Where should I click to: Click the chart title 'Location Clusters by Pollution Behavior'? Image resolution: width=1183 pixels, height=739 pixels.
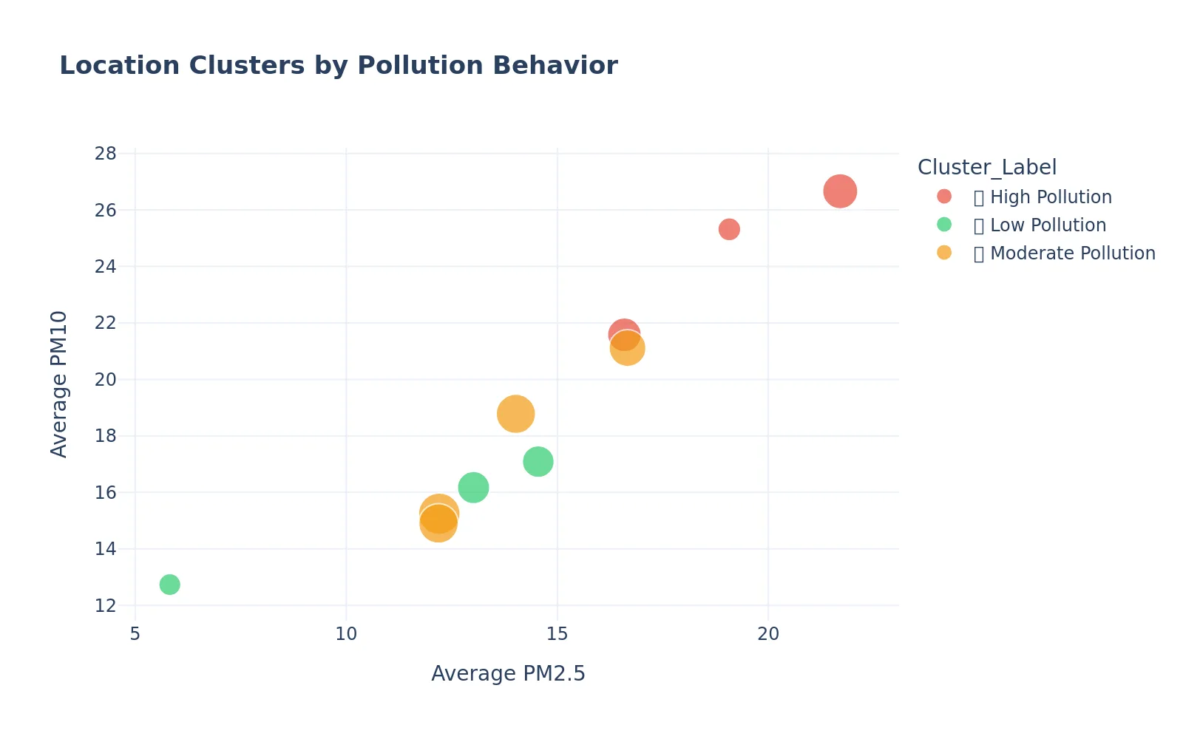338,66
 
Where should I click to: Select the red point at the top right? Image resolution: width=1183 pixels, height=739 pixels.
840,191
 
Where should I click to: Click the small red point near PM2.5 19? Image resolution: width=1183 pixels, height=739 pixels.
729,229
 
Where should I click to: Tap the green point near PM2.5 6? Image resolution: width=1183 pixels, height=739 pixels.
169,585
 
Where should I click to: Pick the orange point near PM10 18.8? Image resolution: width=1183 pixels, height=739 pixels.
515,414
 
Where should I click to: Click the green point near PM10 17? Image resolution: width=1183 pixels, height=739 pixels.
538,462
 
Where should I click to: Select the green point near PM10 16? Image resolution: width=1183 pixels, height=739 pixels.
473,487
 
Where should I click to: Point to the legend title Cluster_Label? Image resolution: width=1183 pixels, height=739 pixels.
986,167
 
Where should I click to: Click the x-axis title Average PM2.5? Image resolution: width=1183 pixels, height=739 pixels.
508,674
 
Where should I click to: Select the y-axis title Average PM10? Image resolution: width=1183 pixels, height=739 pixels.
59,384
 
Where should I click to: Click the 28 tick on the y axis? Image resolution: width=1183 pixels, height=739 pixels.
106,154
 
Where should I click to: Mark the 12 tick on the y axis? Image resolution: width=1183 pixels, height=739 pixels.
106,606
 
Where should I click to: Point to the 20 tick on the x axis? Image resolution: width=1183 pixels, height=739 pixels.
768,634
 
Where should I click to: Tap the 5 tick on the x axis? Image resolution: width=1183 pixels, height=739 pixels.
135,634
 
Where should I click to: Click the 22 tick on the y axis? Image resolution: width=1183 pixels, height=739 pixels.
106,323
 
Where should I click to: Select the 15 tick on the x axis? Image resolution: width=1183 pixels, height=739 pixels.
557,634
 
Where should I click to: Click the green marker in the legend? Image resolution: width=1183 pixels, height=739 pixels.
944,225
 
